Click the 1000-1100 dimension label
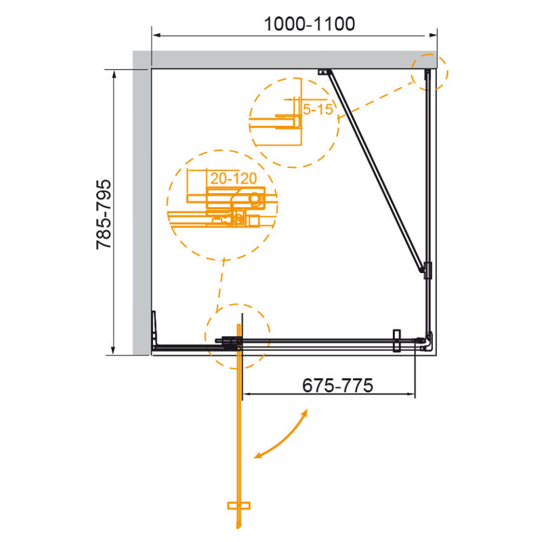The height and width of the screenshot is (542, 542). tap(310, 24)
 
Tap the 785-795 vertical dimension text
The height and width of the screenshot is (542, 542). tap(104, 214)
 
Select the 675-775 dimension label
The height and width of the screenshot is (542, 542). tap(337, 385)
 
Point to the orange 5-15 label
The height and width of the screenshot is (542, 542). tap(318, 109)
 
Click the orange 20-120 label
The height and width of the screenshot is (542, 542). tap(234, 178)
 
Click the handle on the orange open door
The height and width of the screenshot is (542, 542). tap(238, 505)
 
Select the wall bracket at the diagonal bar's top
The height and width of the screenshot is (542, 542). tap(325, 72)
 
